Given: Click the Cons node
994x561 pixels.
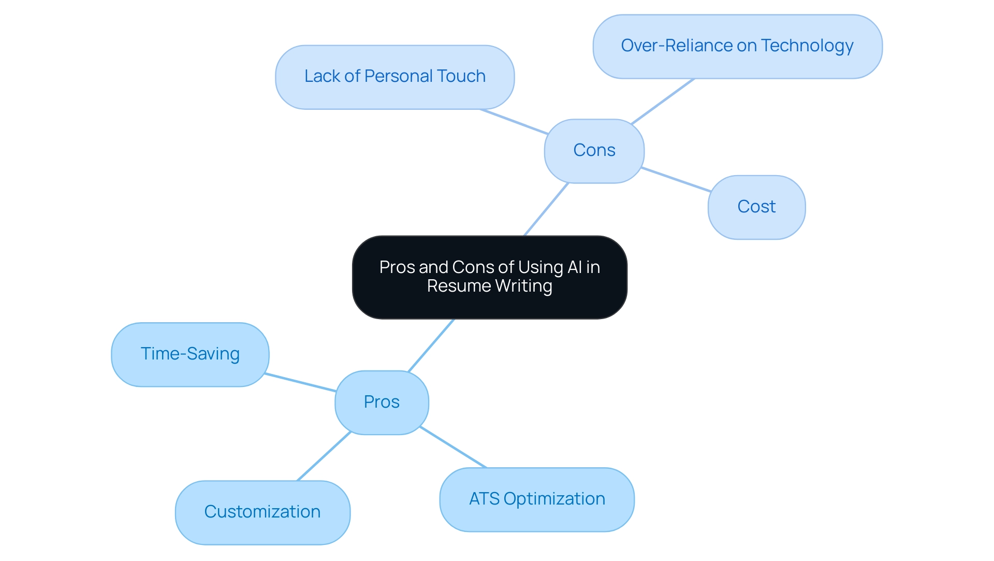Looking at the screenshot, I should point(594,151).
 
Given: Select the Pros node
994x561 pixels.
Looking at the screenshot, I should point(382,402).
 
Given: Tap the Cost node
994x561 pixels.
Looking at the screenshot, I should point(756,207).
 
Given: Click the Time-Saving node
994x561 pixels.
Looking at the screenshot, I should point(190,354).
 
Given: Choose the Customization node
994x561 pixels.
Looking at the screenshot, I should point(262,512).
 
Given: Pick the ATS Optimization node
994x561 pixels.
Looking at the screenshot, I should point(537,499).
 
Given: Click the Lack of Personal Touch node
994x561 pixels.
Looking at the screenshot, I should point(394,77).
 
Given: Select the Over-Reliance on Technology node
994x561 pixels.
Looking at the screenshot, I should point(737,46).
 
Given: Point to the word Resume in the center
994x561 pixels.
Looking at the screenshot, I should point(459,286).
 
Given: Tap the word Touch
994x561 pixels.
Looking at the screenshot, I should point(461,76).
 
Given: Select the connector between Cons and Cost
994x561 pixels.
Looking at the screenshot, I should point(676,180).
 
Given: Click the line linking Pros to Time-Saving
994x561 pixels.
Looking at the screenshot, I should point(300,382).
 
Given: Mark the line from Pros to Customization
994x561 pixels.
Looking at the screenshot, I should point(324,456).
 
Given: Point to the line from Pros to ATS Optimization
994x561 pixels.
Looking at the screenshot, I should point(454,448).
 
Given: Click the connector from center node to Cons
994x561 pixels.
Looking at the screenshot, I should point(546,209).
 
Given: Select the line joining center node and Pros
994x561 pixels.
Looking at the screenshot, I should point(431,346).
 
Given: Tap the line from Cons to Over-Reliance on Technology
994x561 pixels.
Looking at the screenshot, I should point(663,102).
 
